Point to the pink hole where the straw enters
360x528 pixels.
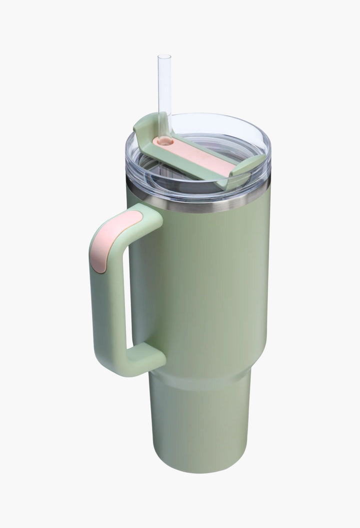coord(163,142)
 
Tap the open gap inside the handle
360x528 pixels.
coord(129,290)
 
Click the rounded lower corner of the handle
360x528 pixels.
coord(102,365)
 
